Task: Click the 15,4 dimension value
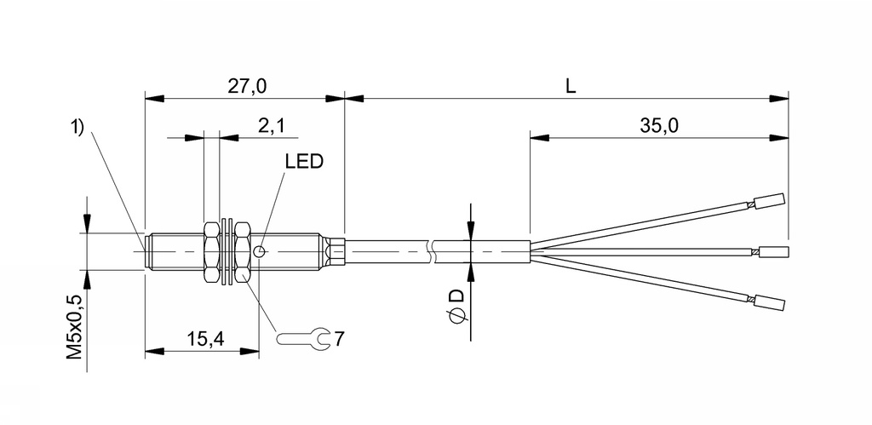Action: pyautogui.click(x=204, y=338)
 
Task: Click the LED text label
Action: pyautogui.click(x=303, y=161)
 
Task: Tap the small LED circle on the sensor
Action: pyautogui.click(x=260, y=251)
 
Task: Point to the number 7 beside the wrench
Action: pyautogui.click(x=339, y=339)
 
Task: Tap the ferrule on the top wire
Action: pyautogui.click(x=769, y=202)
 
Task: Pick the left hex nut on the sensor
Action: pyautogui.click(x=212, y=251)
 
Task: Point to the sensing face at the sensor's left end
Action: pyautogui.click(x=147, y=251)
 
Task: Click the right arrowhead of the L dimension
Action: pyautogui.click(x=778, y=98)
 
